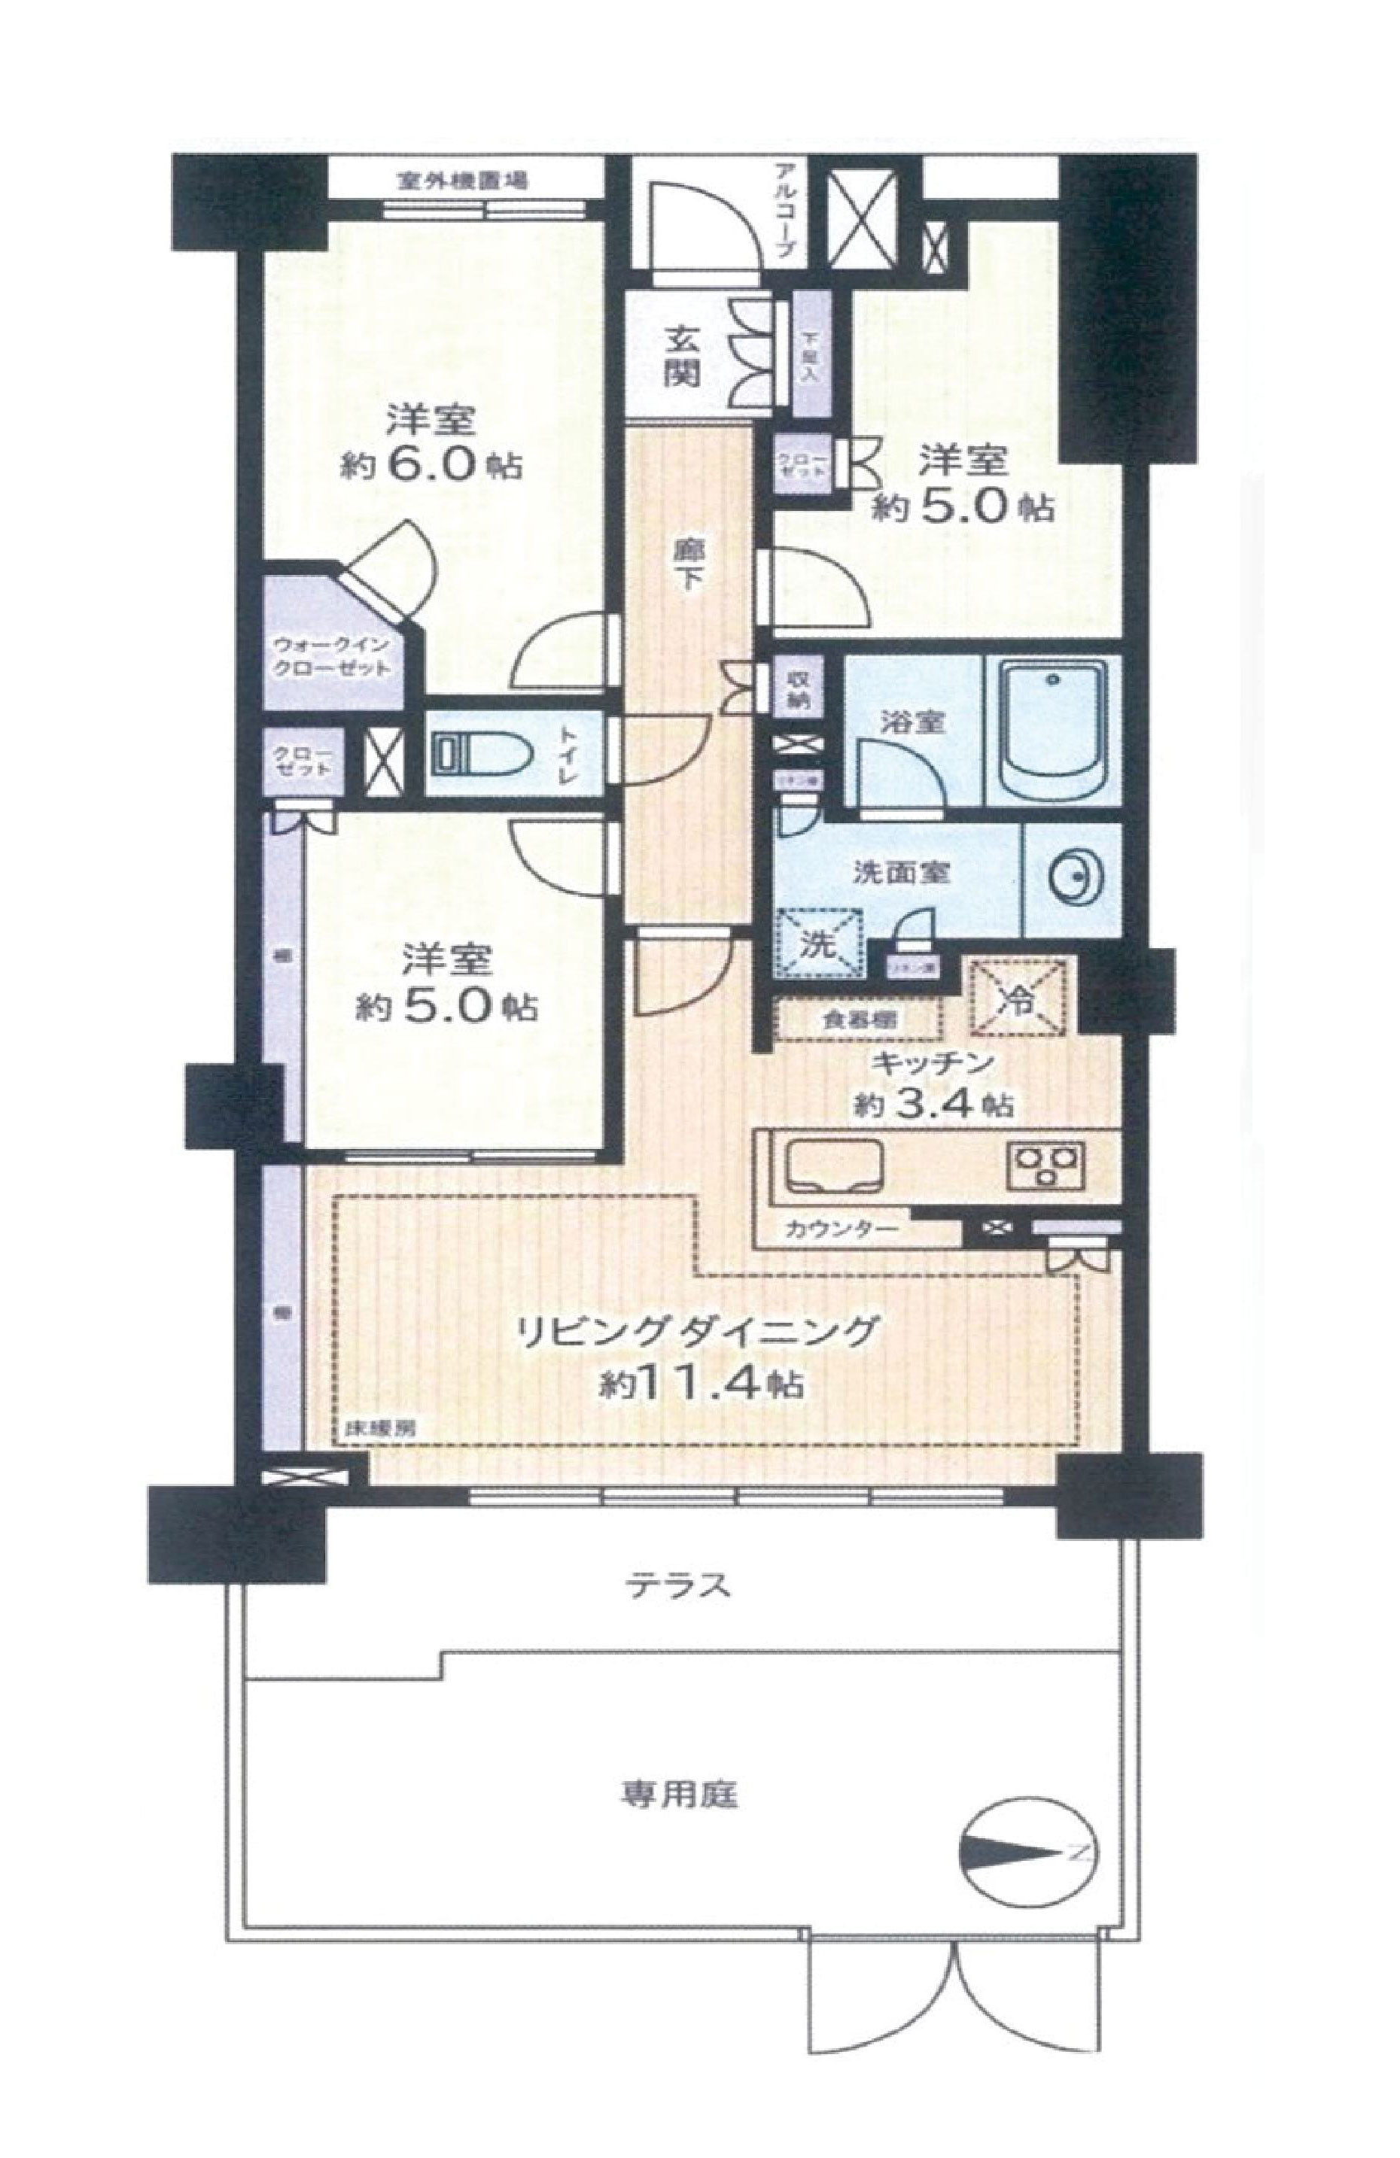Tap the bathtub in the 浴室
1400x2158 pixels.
tap(1052, 726)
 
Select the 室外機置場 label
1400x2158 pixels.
tap(462, 181)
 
